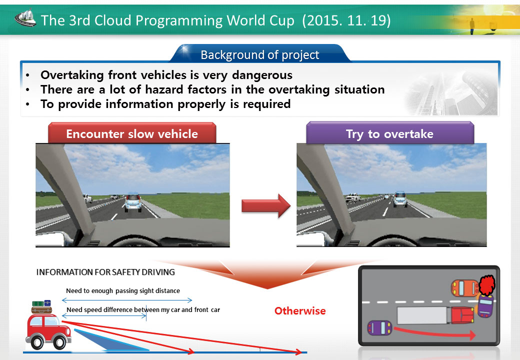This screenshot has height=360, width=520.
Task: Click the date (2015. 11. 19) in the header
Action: (346, 20)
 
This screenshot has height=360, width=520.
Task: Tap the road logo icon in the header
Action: (25, 18)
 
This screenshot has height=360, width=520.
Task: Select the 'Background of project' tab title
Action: (259, 54)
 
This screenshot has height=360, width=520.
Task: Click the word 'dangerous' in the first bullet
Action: (262, 75)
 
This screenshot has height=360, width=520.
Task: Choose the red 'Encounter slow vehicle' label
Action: (132, 133)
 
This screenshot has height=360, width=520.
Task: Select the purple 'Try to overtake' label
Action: (390, 133)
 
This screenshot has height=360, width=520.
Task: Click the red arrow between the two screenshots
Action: (266, 206)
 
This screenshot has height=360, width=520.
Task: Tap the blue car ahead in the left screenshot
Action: (133, 202)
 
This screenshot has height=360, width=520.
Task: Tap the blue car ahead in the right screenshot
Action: (400, 199)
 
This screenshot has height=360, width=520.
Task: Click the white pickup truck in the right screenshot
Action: (353, 197)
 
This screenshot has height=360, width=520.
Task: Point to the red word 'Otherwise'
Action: (300, 311)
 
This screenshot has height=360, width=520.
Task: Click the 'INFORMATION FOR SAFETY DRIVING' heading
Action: (105, 272)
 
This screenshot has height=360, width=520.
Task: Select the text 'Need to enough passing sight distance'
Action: (123, 290)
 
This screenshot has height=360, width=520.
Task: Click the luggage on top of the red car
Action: (42, 307)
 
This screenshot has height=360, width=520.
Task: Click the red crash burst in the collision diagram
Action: (487, 285)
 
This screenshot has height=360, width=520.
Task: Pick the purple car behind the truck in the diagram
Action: (379, 328)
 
